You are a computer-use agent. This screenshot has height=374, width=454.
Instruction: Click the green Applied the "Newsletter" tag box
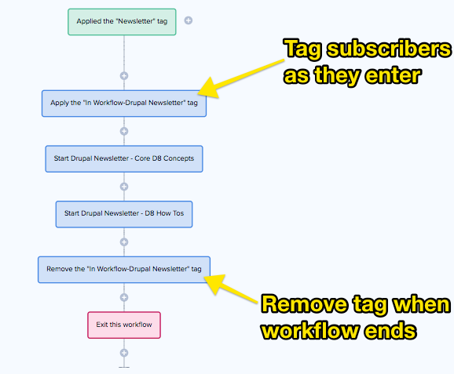point(122,21)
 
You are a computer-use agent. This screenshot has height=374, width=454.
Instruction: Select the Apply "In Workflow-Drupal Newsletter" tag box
point(124,103)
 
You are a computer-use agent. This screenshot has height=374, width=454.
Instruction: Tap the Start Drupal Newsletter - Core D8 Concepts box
point(124,158)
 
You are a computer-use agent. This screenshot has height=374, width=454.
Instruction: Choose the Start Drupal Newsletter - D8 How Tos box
point(124,214)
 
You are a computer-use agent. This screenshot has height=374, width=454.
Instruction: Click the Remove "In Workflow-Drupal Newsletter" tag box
point(124,269)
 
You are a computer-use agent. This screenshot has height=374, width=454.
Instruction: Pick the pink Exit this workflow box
point(124,324)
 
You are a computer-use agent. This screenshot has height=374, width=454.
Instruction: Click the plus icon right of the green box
point(189,21)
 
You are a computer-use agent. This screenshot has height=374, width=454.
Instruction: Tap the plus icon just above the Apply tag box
point(124,76)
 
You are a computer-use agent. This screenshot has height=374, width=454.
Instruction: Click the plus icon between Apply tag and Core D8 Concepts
point(124,132)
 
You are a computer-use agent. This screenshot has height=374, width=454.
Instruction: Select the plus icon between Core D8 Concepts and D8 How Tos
point(124,187)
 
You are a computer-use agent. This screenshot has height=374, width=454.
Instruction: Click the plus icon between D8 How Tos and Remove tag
point(124,242)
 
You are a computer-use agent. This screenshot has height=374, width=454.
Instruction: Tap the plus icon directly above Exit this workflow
point(124,297)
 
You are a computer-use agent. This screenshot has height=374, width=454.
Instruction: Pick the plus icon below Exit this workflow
point(124,353)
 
